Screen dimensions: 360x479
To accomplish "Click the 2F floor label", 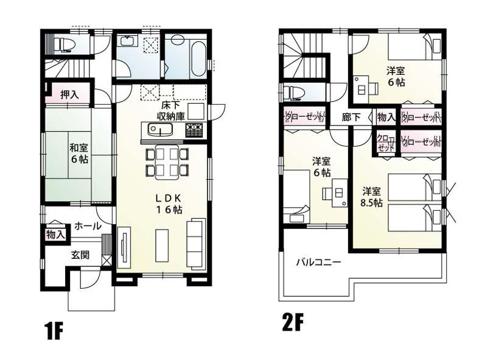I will [x=293, y=320].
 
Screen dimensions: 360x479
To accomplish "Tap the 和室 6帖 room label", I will [x=77, y=153].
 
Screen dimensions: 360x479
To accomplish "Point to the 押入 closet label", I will [x=69, y=94].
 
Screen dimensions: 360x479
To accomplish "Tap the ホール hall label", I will [x=87, y=226].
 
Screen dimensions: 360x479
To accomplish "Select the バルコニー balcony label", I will [x=318, y=263].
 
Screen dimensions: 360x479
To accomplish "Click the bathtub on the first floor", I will [x=198, y=58].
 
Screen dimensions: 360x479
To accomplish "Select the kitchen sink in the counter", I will [x=158, y=130].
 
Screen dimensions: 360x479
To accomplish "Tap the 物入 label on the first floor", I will [x=55, y=235].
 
